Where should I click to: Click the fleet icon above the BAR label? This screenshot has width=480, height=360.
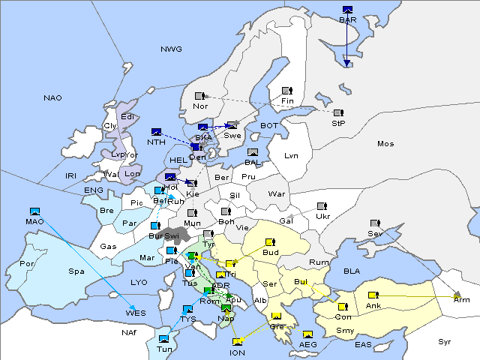coord(347,10)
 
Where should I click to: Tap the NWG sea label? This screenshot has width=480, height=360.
coord(171,49)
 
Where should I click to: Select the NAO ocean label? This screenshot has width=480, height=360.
coord(52,98)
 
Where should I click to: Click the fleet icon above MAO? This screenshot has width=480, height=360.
coord(34,211)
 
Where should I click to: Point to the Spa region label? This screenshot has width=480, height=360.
coord(76,271)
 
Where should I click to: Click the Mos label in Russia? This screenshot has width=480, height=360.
coord(385,143)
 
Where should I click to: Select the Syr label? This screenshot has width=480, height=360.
coord(445,341)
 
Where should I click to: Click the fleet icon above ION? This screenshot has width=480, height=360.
coord(238,343)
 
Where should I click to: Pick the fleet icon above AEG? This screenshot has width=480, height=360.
coord(307,334)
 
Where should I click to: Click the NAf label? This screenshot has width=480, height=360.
coord(109,331)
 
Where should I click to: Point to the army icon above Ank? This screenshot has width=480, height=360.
coord(372,295)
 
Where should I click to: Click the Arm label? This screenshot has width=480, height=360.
coord(462,300)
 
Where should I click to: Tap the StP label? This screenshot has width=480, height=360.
coord(338,123)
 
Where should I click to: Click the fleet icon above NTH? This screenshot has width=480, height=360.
coord(157,132)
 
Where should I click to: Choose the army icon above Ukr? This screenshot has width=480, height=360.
coord(322,206)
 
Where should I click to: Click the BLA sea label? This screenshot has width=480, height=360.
coord(352,271)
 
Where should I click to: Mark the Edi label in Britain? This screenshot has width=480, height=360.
coord(129,116)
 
